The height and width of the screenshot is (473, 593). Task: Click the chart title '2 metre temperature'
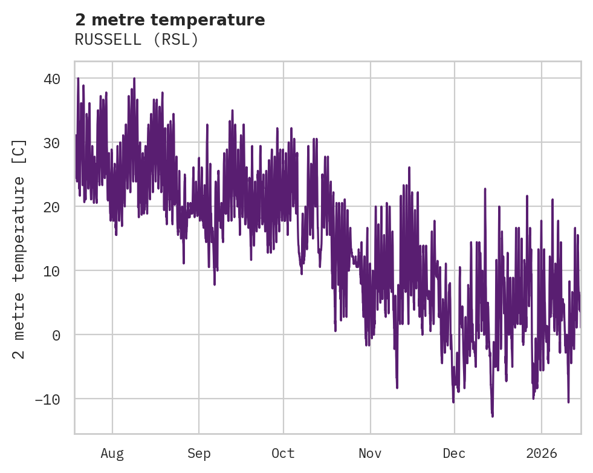pyautogui.click(x=170, y=20)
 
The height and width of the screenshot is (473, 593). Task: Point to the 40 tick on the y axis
pyautogui.click(x=52, y=79)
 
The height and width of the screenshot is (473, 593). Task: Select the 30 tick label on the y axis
pyautogui.click(x=52, y=143)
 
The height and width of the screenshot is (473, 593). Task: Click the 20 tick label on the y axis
pyautogui.click(x=52, y=207)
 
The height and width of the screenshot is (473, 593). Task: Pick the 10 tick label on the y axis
pyautogui.click(x=52, y=270)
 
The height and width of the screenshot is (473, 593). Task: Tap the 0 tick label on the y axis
pyautogui.click(x=56, y=334)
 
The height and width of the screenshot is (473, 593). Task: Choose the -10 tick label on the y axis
pyautogui.click(x=48, y=399)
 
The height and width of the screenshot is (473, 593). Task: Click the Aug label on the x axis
pyautogui.click(x=112, y=453)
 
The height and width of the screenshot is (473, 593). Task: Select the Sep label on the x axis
pyautogui.click(x=199, y=453)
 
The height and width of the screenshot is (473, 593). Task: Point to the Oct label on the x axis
pyautogui.click(x=283, y=453)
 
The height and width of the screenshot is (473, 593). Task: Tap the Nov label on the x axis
pyautogui.click(x=370, y=453)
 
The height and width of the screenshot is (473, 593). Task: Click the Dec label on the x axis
pyautogui.click(x=455, y=453)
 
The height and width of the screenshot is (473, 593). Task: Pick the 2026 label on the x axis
pyautogui.click(x=542, y=453)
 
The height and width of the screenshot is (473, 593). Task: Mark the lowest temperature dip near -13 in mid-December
pyautogui.click(x=492, y=416)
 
